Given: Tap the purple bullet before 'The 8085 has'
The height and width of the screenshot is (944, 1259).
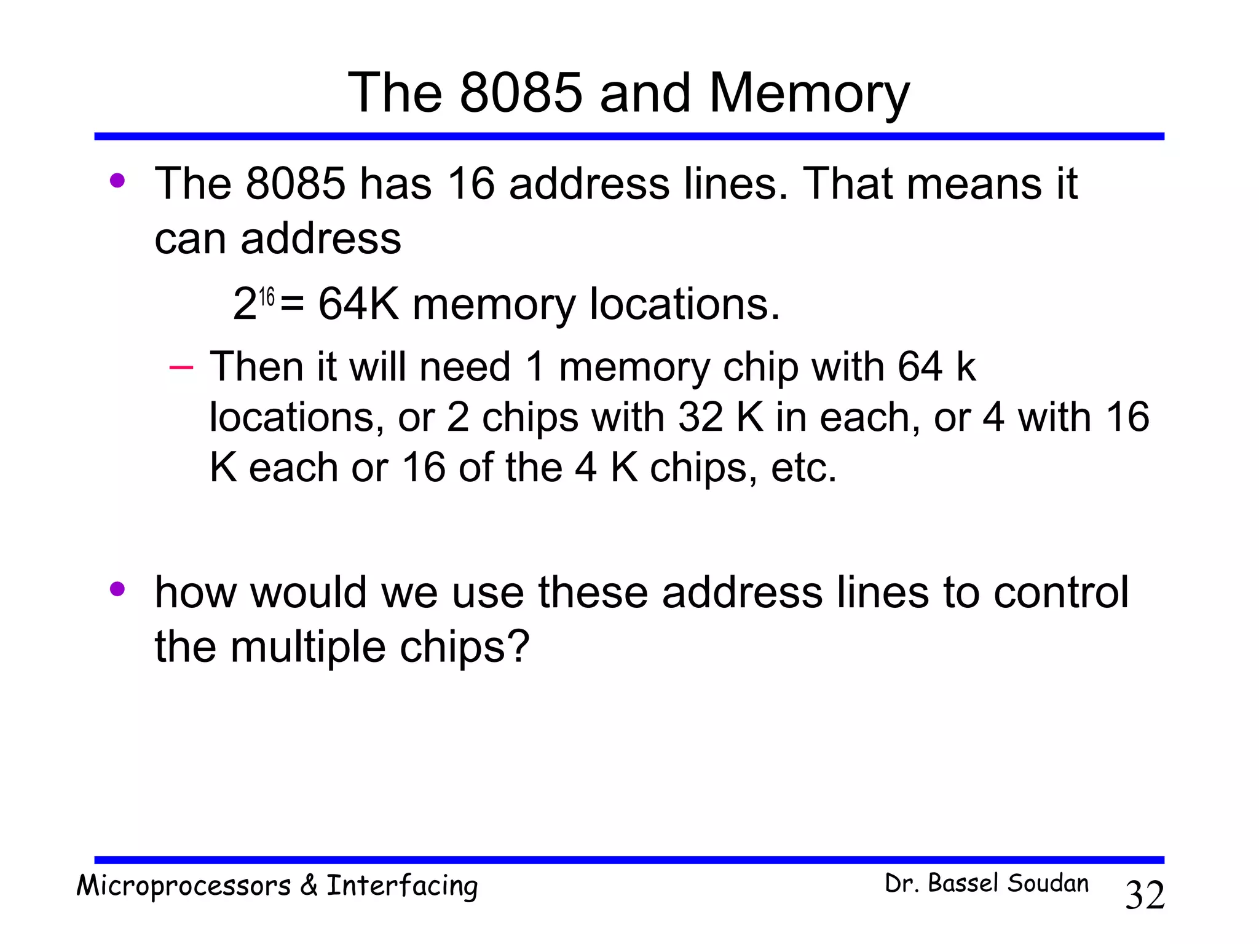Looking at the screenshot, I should [117, 181].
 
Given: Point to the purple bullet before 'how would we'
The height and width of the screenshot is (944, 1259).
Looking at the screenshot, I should [117, 589].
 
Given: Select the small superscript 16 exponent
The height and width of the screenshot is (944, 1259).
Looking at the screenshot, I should [266, 297].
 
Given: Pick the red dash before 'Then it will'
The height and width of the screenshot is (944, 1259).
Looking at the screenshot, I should [181, 368].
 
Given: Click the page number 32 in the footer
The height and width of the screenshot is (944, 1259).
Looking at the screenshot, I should [1145, 895].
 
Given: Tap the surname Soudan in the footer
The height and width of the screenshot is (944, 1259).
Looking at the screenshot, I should [1048, 883].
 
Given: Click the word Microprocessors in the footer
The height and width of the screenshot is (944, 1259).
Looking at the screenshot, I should [184, 886].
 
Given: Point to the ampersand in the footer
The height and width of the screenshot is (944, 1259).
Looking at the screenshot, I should [309, 885].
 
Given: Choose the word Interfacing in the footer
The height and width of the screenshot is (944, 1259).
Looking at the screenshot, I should [402, 886].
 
